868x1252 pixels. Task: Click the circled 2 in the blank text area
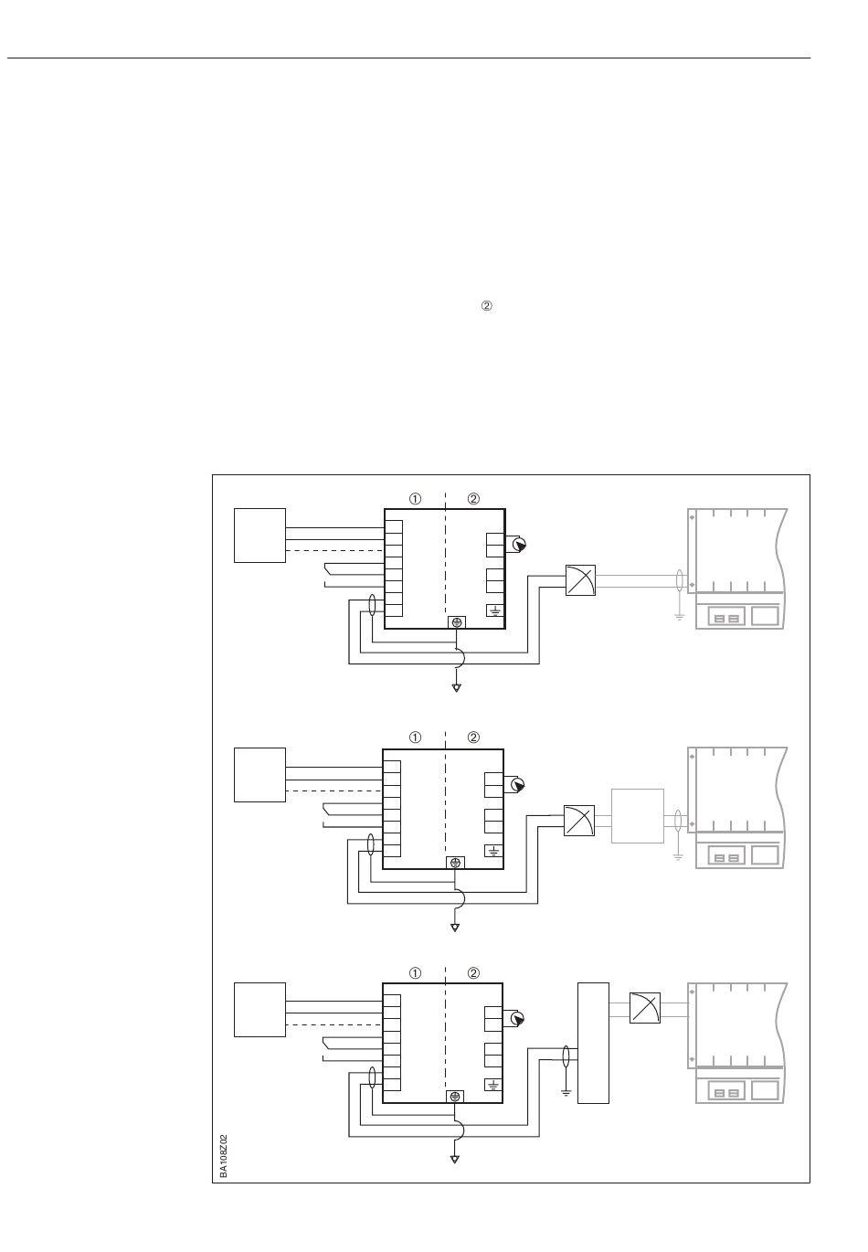point(486,308)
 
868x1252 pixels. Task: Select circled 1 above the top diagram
point(415,499)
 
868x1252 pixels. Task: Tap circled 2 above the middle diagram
point(473,737)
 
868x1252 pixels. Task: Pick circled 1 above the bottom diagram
point(415,973)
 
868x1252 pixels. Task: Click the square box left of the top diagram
point(260,536)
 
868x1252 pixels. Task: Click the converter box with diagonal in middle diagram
point(578,820)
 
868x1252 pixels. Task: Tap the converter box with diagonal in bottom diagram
point(645,1008)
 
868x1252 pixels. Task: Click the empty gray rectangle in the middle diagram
point(637,815)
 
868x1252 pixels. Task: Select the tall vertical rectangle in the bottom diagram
point(594,1043)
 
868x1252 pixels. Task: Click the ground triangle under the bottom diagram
point(455,1160)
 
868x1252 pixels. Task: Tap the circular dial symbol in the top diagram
point(519,546)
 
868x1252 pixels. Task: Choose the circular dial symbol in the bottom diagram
point(517,1019)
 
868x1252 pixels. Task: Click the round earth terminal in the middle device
point(455,863)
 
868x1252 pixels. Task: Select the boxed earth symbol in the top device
point(495,611)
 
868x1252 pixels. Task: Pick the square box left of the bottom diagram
point(260,1010)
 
